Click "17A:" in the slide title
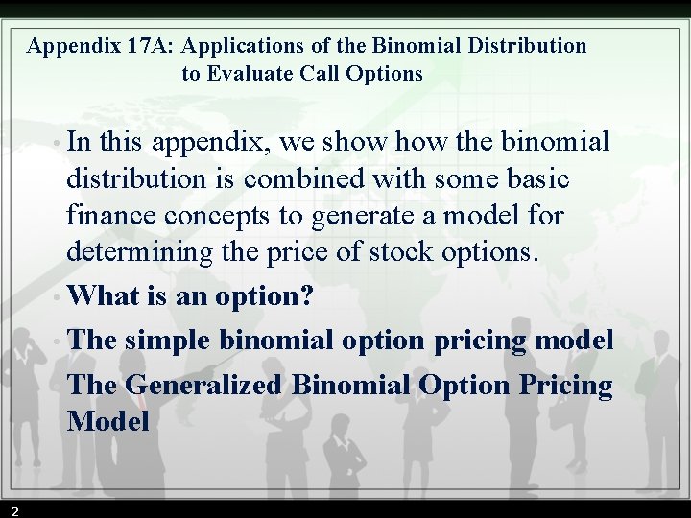(150, 45)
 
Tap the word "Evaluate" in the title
(250, 73)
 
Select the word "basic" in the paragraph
(534, 178)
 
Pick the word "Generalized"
(203, 385)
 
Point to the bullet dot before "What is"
(59, 296)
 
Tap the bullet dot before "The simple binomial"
(59, 341)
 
